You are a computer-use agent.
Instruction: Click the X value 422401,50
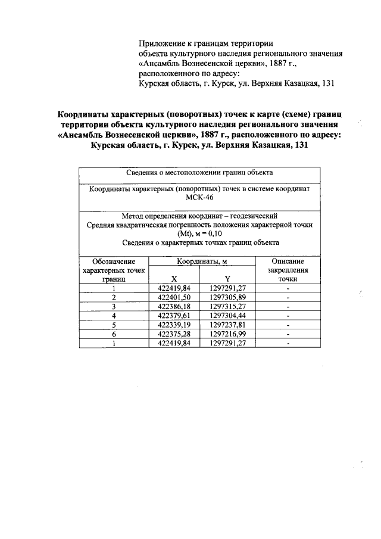[174, 297]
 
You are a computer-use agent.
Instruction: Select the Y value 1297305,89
[227, 297]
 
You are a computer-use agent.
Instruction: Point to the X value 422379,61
[174, 316]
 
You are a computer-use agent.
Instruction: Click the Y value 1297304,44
[227, 316]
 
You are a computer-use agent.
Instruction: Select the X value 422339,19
[174, 325]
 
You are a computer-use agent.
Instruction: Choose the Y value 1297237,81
[227, 325]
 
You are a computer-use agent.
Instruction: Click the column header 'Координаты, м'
[201, 261]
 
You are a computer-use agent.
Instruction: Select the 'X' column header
[174, 278]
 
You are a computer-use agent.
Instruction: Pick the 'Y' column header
[227, 278]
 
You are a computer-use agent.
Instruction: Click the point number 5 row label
[113, 325]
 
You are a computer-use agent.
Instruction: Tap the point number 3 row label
[113, 306]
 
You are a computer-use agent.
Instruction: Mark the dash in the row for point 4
[288, 316]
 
